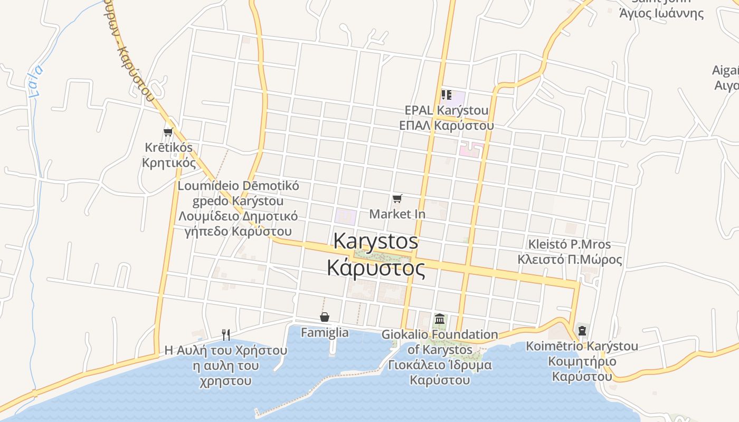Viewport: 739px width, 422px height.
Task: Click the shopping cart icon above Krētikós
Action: click(168, 132)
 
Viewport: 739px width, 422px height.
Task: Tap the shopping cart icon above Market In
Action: click(397, 198)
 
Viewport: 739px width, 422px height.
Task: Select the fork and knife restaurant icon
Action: click(226, 334)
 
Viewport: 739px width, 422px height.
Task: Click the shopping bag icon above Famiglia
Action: click(325, 317)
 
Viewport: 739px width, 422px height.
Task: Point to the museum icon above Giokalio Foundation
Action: click(440, 319)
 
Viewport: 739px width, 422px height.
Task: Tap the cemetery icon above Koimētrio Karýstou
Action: click(582, 331)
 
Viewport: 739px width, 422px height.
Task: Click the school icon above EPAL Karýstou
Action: click(446, 95)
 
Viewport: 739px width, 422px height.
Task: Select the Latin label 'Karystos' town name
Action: click(376, 242)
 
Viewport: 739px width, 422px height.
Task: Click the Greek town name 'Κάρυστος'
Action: click(376, 268)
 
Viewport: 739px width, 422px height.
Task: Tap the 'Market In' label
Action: click(397, 214)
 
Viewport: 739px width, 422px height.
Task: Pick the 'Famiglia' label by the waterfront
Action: click(325, 332)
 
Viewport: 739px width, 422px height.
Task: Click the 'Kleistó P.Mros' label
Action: click(570, 244)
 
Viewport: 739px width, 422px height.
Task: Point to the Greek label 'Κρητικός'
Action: click(169, 162)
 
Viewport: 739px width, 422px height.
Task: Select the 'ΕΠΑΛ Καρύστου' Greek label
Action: click(447, 126)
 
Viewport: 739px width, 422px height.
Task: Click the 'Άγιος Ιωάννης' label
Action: click(661, 13)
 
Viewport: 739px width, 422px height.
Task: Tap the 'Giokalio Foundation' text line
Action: click(440, 334)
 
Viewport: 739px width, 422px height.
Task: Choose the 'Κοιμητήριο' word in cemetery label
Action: click(582, 362)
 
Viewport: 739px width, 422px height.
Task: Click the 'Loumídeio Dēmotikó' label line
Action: click(238, 186)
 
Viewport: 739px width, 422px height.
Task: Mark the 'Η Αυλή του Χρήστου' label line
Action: click(226, 350)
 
